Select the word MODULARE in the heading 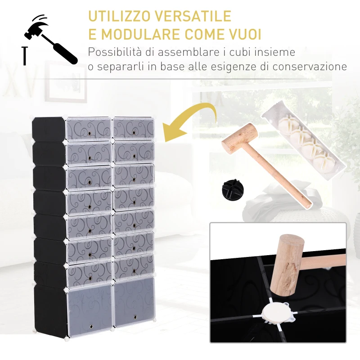coord(148,35)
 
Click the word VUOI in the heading coord(245,35)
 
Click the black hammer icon coord(52,39)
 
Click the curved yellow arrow coord(191,119)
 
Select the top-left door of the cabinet coord(89,128)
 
